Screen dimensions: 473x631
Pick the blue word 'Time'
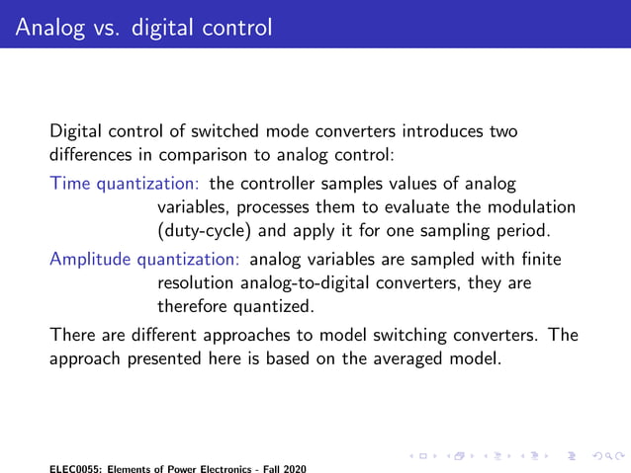point(68,184)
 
